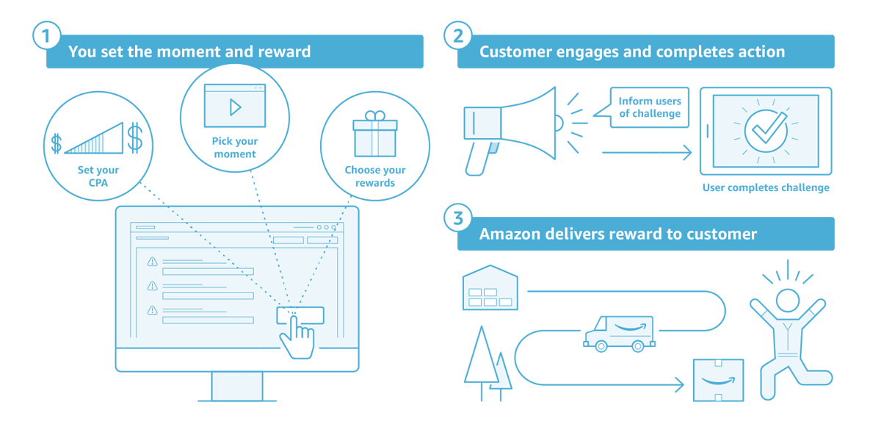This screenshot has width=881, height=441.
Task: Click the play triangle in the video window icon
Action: (x=235, y=107)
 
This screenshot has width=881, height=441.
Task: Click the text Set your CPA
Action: (x=98, y=176)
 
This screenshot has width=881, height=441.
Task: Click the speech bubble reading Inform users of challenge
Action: (x=648, y=107)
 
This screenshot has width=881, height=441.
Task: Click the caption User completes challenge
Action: (x=766, y=188)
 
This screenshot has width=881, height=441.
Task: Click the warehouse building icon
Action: (x=490, y=287)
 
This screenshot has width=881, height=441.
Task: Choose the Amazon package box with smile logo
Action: (x=718, y=380)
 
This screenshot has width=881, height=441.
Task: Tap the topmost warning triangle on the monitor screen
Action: (x=153, y=262)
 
